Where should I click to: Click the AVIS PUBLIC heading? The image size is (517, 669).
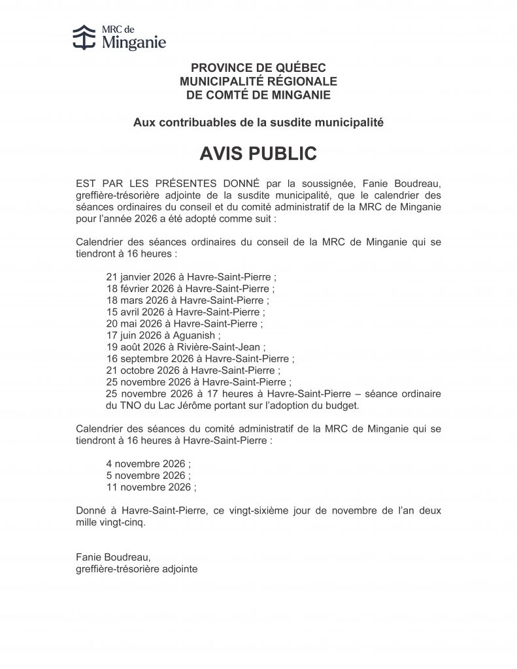[258, 154]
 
